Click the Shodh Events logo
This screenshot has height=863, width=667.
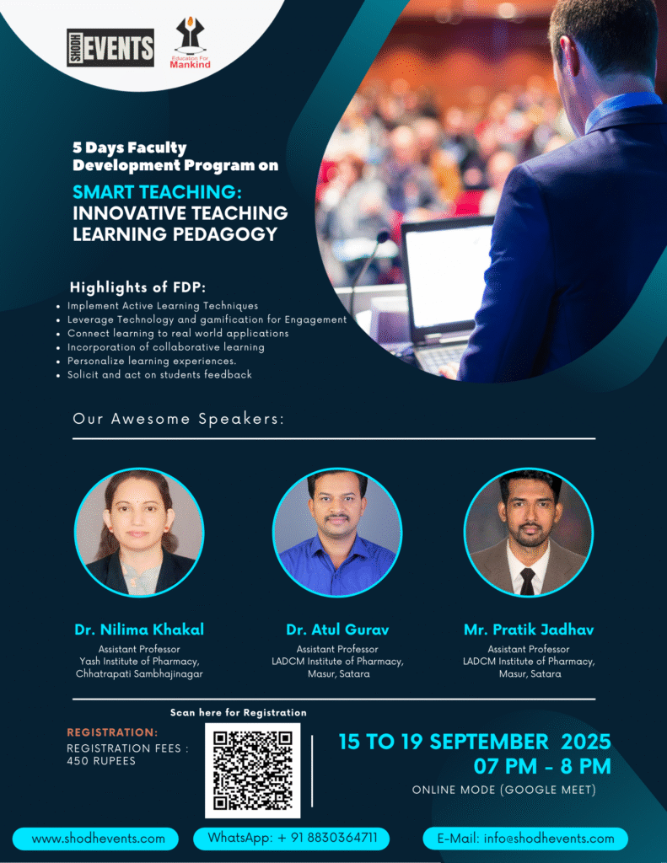tap(110, 47)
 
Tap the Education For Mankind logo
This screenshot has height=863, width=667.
tap(190, 43)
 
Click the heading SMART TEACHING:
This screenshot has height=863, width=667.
tap(157, 192)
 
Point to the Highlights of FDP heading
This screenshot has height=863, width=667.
tap(137, 287)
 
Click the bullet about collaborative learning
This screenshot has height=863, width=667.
tap(166, 347)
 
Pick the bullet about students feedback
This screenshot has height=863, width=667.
tap(159, 375)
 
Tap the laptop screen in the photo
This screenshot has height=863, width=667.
tap(447, 276)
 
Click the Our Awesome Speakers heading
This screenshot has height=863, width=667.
tap(179, 419)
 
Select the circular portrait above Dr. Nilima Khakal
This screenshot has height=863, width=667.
tap(139, 533)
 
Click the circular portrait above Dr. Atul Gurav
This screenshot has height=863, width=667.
tap(337, 533)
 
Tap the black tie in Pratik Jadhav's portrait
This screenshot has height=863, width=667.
tap(527, 582)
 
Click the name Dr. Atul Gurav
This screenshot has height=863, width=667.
tap(337, 630)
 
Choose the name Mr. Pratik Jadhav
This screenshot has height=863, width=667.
tap(529, 630)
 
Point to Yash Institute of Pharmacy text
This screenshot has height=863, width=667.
tap(139, 661)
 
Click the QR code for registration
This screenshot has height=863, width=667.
tap(253, 770)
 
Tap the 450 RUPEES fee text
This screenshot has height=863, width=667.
tap(101, 761)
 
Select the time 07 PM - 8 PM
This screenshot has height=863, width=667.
tap(542, 766)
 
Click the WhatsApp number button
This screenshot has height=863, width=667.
tap(292, 839)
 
